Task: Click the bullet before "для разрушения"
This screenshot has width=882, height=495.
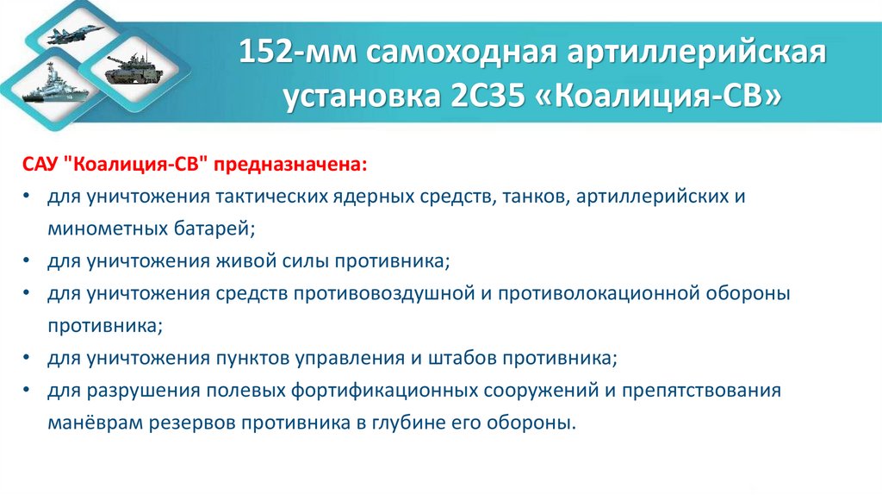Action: [x=29, y=391]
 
